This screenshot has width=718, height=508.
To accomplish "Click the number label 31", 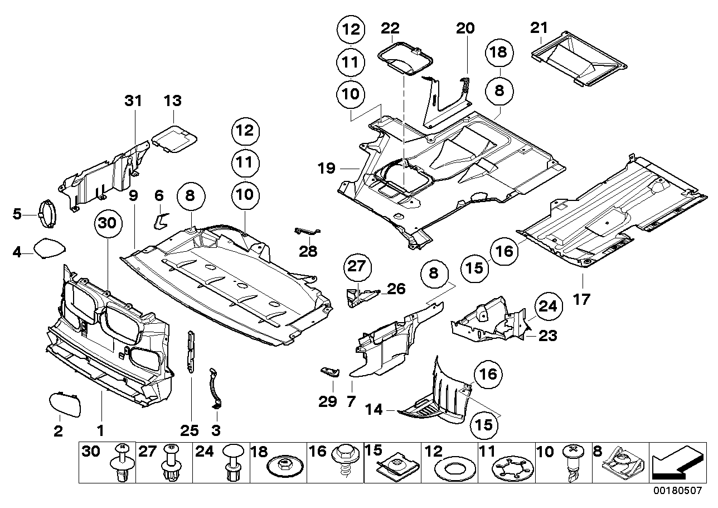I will tap(133, 101).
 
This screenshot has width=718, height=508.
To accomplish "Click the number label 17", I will tap(581, 299).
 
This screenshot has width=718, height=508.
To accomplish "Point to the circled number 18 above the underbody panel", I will tap(499, 53).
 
